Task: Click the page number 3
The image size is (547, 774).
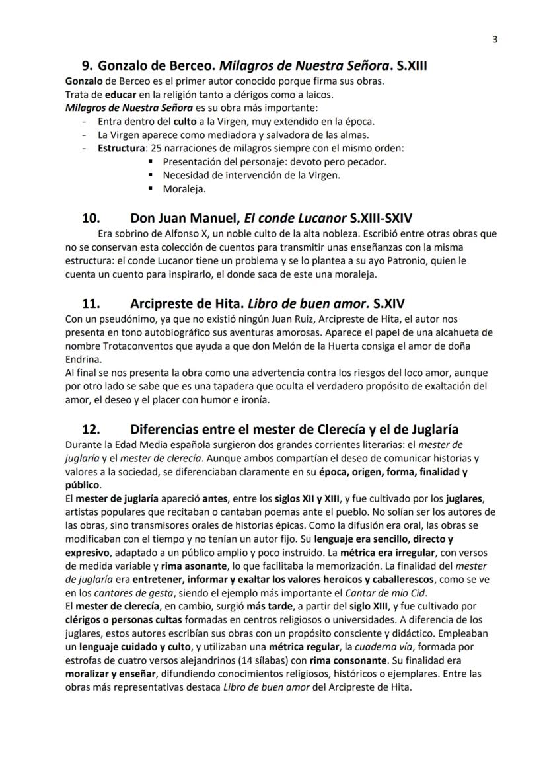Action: [495, 39]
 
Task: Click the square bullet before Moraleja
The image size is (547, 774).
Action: [151, 188]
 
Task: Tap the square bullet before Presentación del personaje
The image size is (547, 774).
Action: [151, 161]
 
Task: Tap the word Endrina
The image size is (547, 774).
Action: [85, 360]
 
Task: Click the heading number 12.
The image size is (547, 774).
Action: [91, 429]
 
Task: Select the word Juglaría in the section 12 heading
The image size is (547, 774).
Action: [431, 429]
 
